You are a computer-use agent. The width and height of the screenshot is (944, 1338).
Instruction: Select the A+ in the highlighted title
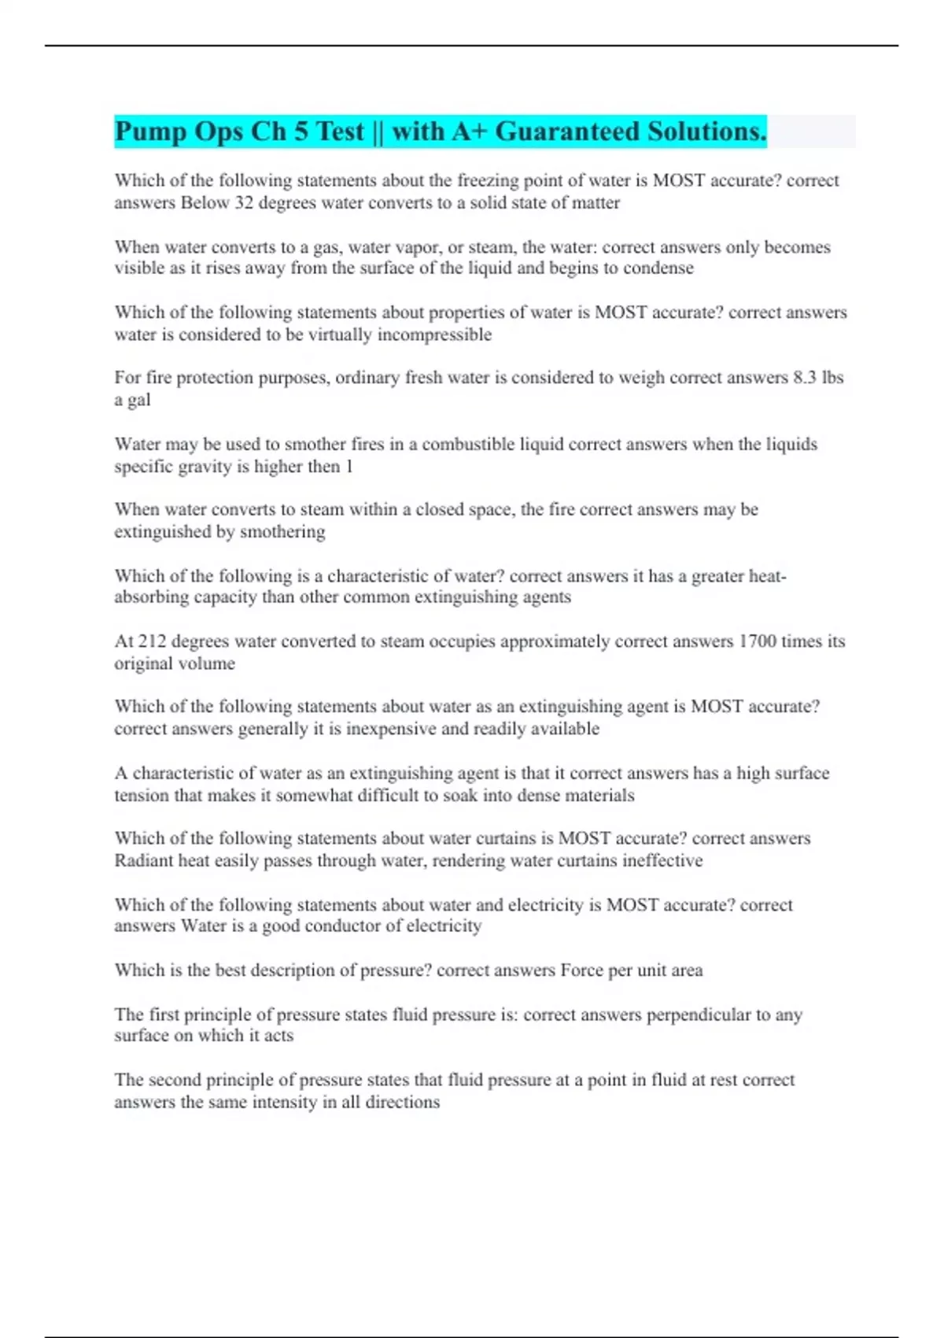[x=470, y=131]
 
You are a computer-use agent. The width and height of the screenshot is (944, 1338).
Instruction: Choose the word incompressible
[x=434, y=335]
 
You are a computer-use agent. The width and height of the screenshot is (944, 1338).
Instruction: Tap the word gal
[x=138, y=401]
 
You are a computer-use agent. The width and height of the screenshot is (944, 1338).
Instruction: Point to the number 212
[x=153, y=641]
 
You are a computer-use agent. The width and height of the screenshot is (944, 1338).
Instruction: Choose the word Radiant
[x=143, y=861]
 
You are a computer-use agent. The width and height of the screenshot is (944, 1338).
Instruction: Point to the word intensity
[x=278, y=1103]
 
